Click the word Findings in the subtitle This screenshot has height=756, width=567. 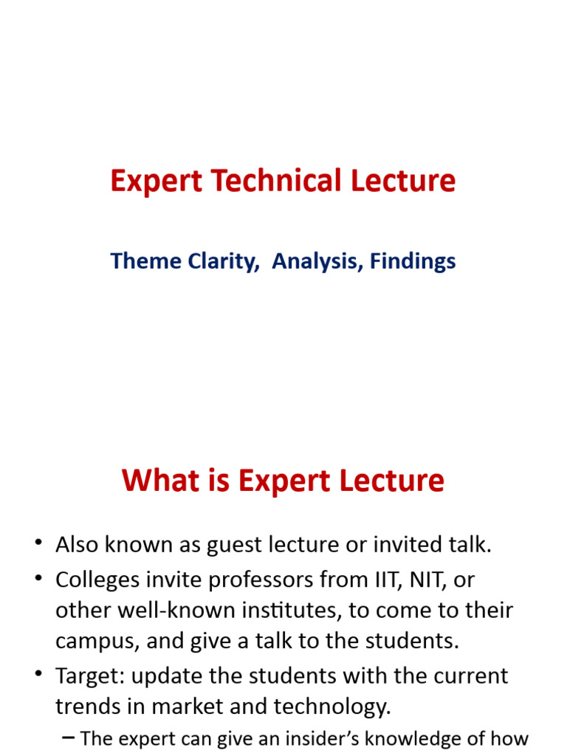click(x=413, y=261)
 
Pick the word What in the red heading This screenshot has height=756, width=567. click(x=158, y=481)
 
